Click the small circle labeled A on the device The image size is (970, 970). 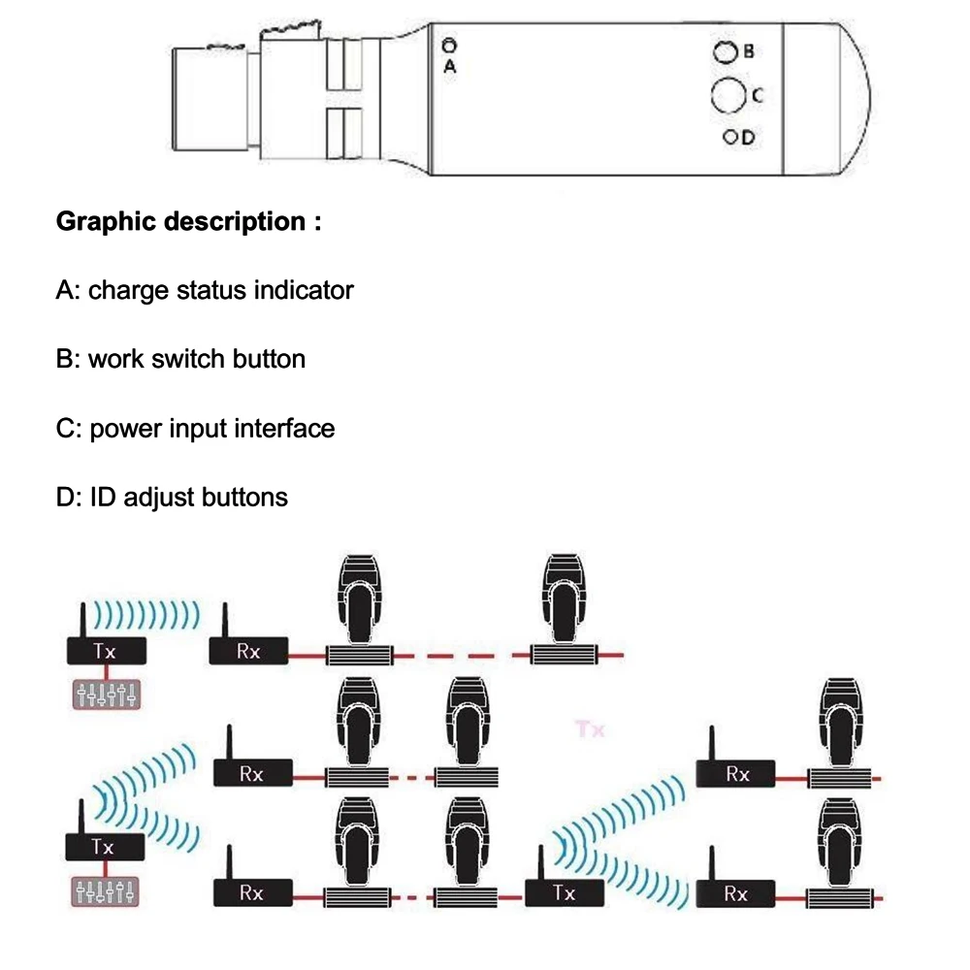click(448, 45)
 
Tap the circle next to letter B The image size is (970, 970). click(724, 52)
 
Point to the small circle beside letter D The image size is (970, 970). click(729, 137)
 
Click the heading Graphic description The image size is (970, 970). click(188, 221)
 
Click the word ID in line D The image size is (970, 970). click(102, 498)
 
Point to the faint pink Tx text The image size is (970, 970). click(590, 728)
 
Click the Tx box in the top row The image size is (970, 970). click(105, 651)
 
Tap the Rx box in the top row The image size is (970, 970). click(249, 651)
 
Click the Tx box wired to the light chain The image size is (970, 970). click(564, 892)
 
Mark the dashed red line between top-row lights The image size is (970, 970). click(462, 657)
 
